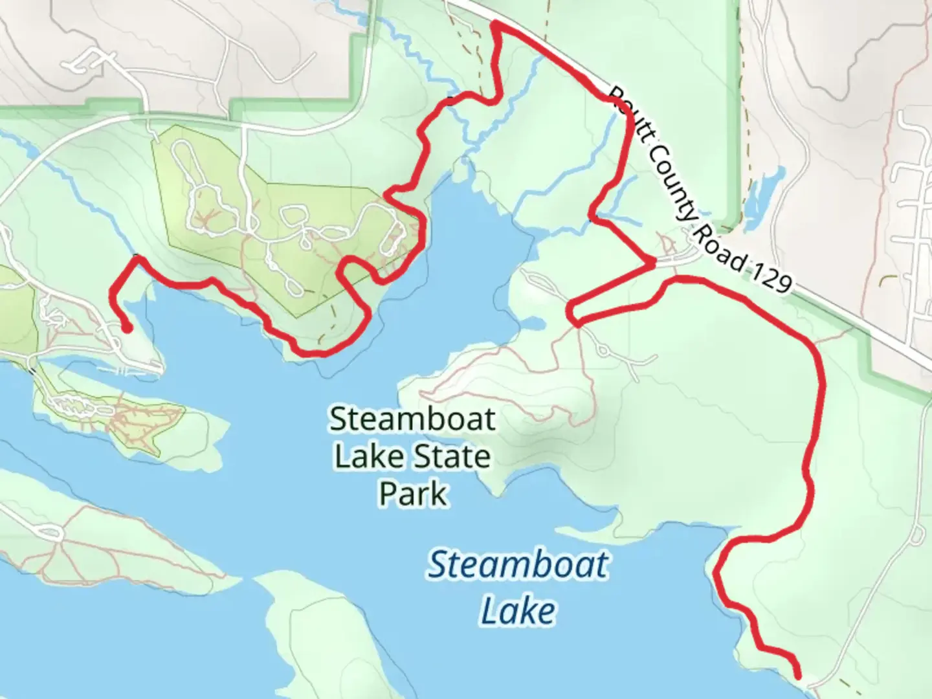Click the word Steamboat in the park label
(x=412, y=419)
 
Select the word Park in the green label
(x=412, y=494)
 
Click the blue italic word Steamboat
(x=518, y=564)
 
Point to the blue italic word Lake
(x=518, y=611)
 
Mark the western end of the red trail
(x=128, y=329)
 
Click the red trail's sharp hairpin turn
(x=571, y=314)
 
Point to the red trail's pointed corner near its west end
(x=136, y=258)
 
